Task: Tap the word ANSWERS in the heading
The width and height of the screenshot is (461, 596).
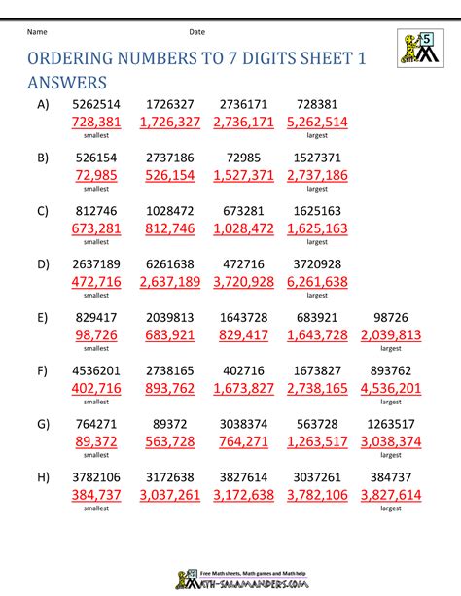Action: coord(66,85)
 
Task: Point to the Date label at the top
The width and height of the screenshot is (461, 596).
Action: coord(197,32)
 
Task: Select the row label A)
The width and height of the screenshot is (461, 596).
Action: coord(42,104)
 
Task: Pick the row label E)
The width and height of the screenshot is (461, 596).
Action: coord(42,317)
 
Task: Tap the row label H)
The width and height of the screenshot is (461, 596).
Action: coord(42,476)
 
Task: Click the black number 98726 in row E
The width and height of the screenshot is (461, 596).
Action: coord(390,317)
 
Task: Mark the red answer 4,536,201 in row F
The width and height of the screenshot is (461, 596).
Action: coord(390,388)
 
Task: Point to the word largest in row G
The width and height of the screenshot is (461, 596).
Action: coord(390,454)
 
